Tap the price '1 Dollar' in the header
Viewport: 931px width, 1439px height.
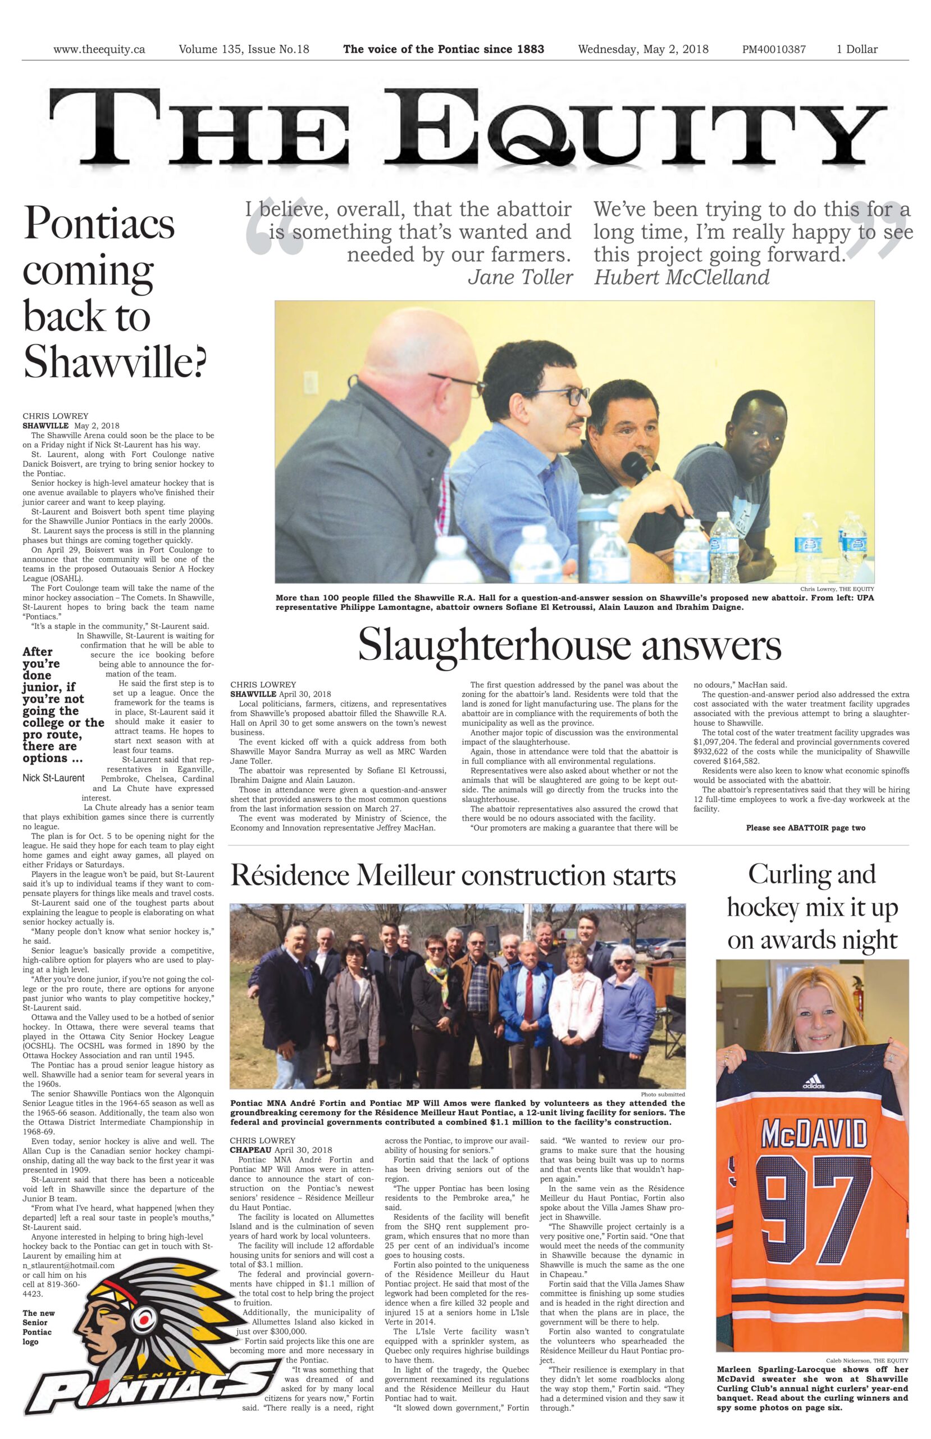click(856, 49)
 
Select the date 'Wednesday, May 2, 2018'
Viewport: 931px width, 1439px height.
click(643, 49)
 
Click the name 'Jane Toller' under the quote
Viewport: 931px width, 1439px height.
click(519, 277)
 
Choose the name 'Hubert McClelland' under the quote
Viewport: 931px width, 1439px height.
click(682, 277)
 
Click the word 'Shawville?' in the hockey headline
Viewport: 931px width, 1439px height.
click(115, 361)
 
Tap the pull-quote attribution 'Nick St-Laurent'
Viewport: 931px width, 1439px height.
click(54, 777)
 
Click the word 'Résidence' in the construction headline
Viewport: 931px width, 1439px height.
click(289, 876)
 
